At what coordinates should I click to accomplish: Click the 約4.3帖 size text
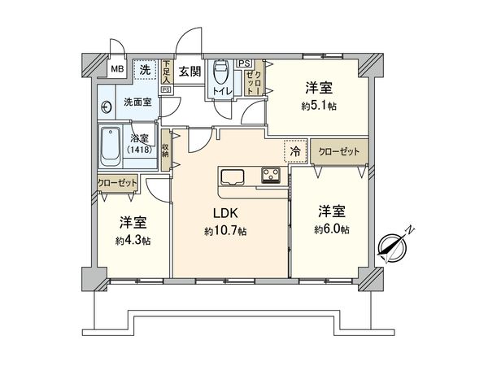133,240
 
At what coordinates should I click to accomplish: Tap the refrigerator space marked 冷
296,152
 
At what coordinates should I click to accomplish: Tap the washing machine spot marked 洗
145,70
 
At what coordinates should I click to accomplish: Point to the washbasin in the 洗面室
107,107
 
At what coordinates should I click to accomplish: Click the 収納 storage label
165,150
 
